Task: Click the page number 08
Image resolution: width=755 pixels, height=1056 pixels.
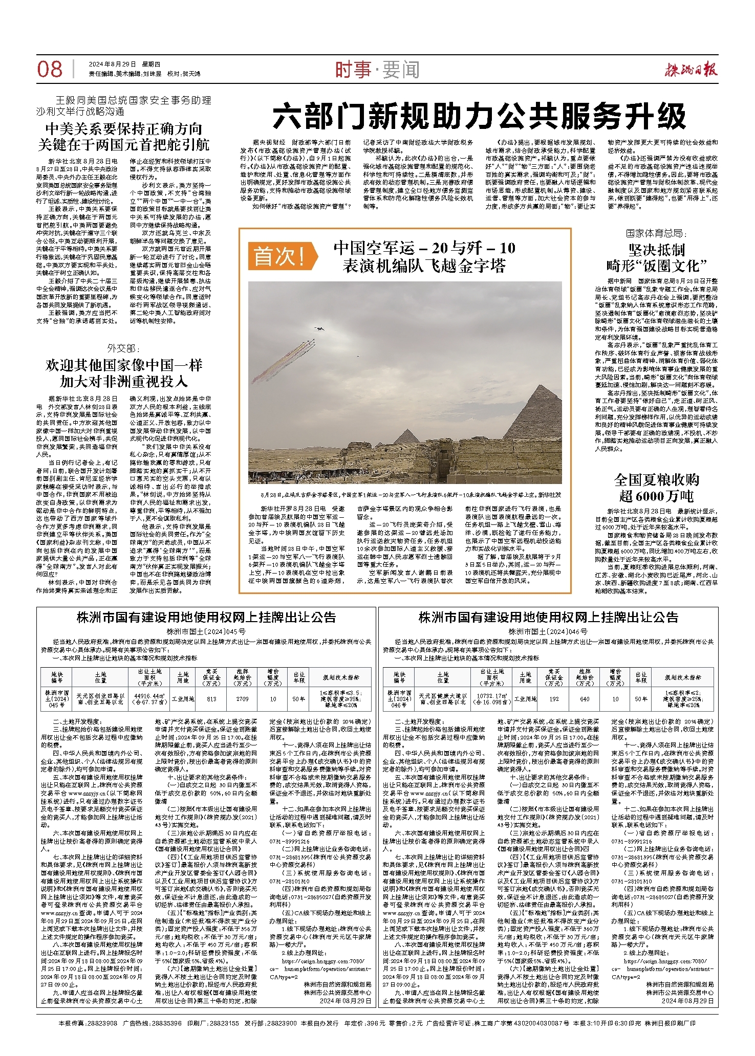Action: (50, 70)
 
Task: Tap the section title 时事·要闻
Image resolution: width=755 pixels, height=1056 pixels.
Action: (377, 70)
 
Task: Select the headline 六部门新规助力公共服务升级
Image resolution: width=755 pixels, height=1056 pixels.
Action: (479, 116)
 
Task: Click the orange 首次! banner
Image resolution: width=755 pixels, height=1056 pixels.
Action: (279, 256)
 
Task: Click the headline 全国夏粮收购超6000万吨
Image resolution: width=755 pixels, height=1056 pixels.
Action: (656, 488)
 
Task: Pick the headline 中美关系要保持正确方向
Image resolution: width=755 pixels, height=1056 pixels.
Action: (124, 128)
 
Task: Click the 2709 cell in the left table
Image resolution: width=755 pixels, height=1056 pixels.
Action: (242, 699)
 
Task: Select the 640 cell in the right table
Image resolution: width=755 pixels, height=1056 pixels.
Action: (585, 699)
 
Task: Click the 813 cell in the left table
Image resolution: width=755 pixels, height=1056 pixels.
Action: (211, 699)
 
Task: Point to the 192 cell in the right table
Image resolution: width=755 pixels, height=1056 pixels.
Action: (554, 699)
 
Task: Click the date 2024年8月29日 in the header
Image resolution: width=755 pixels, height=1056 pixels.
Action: (113, 64)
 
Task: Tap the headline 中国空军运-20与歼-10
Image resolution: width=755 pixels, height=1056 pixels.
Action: (424, 248)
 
